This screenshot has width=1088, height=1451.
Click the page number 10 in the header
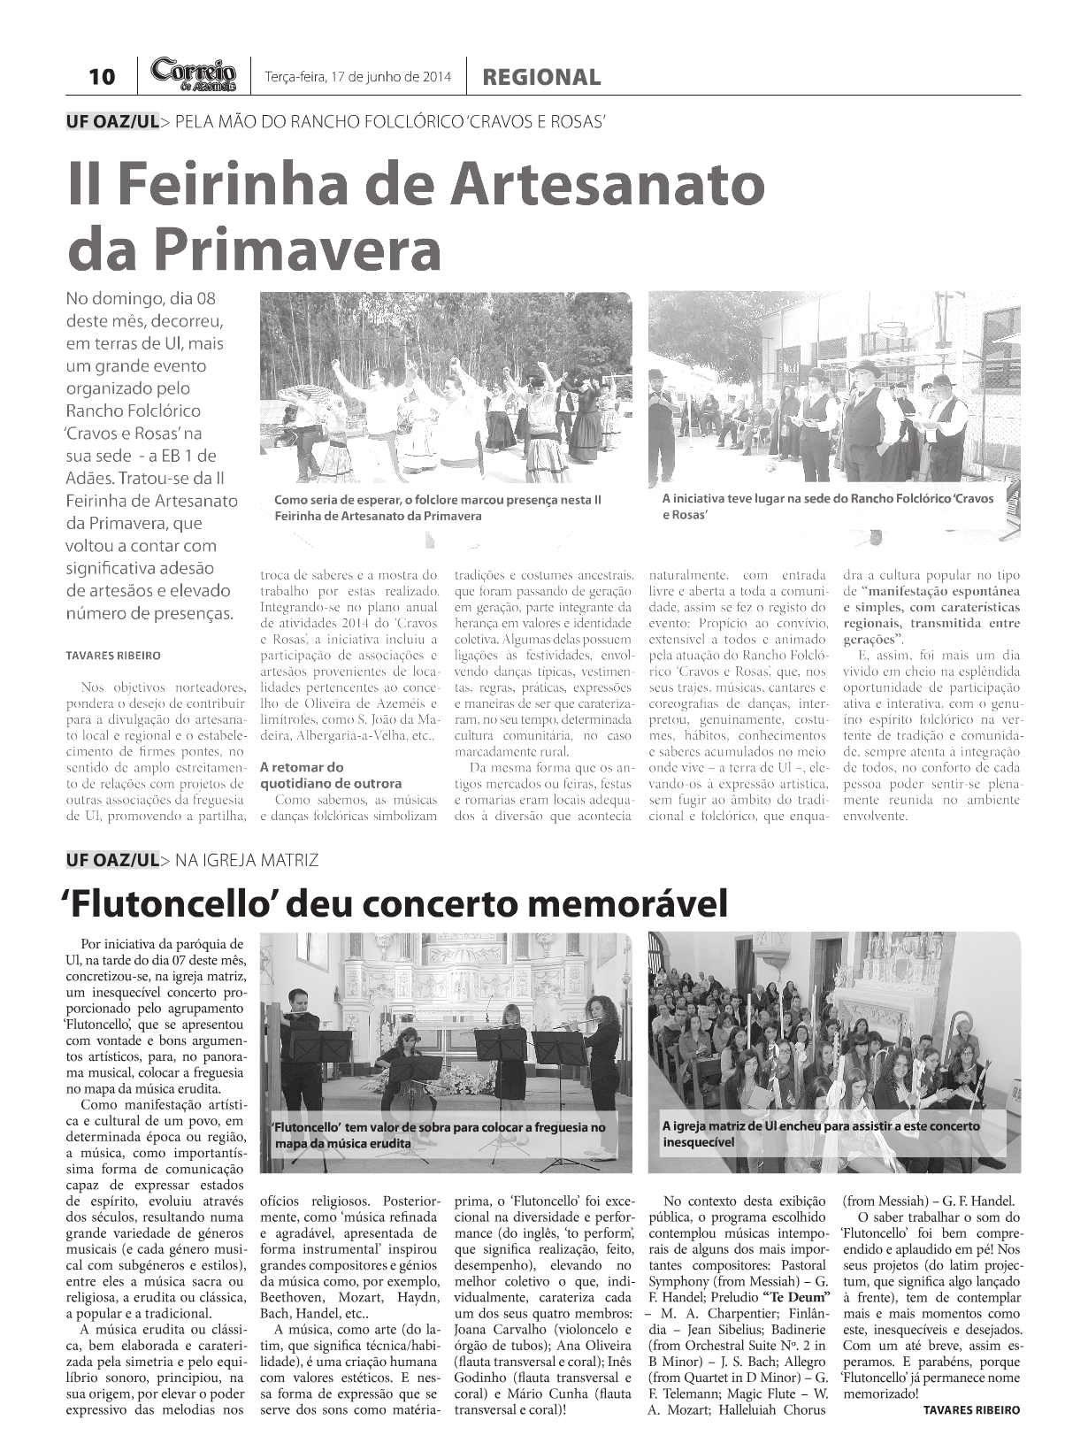(x=102, y=77)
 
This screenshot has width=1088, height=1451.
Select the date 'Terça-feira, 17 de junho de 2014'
(x=357, y=77)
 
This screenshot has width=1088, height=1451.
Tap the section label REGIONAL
(x=540, y=78)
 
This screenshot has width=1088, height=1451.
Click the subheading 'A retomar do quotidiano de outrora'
(x=330, y=775)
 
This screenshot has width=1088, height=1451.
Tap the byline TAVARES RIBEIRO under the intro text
(x=113, y=656)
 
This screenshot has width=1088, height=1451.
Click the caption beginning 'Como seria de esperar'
(x=438, y=508)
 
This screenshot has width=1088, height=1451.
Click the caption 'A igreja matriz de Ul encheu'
(x=820, y=1134)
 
